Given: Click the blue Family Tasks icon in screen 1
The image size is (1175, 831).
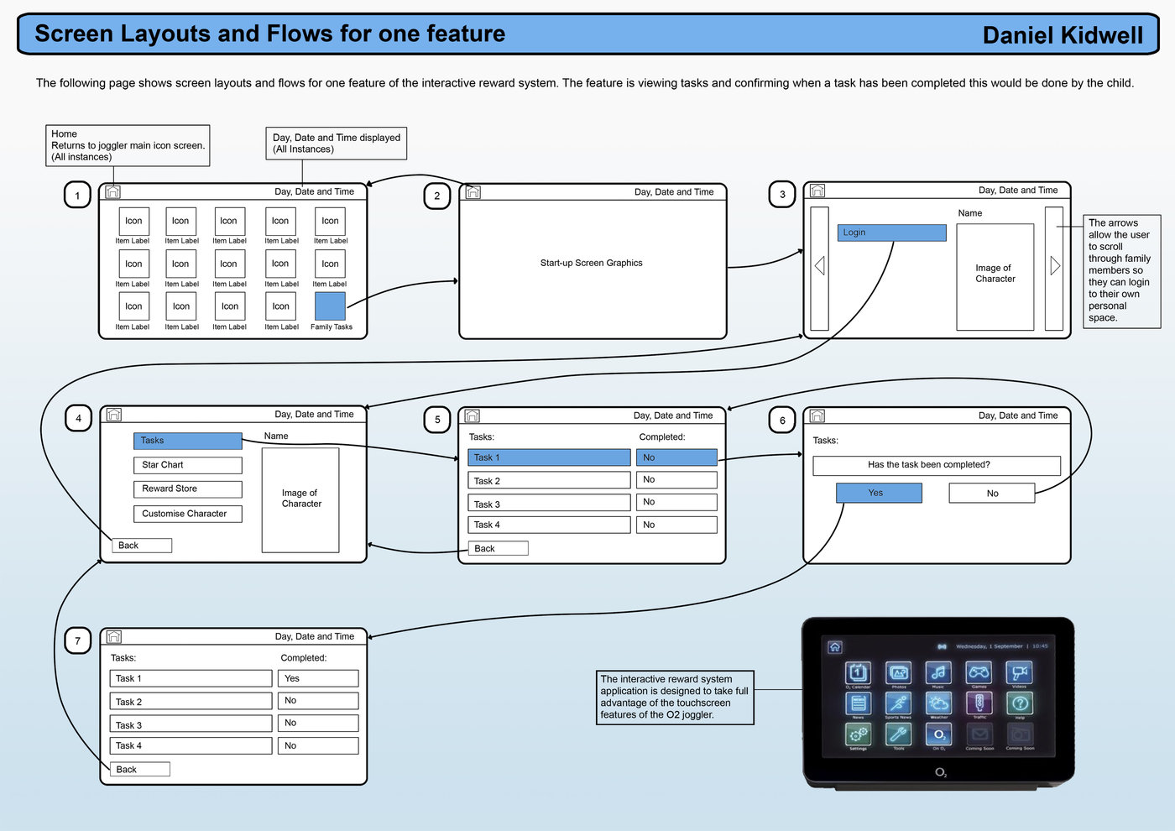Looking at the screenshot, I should (330, 306).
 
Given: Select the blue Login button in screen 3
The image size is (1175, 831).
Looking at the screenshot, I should (891, 233).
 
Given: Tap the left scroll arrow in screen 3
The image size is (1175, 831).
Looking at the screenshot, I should (819, 266).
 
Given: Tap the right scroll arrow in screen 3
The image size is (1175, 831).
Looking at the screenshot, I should (1054, 266).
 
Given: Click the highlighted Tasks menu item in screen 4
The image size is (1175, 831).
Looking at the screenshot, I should (187, 441).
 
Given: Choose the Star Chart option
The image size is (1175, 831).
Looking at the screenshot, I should (187, 465).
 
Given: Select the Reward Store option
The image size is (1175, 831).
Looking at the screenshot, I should (187, 489).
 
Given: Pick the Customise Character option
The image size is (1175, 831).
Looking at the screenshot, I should (187, 514).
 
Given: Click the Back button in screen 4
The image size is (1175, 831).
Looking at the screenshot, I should (142, 546).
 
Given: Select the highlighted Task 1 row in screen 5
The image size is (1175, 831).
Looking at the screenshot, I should (549, 457).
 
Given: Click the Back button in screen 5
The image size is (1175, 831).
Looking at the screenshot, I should (498, 549).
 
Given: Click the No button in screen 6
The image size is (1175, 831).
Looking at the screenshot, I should (992, 494).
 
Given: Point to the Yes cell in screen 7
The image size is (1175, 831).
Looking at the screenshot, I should (318, 678).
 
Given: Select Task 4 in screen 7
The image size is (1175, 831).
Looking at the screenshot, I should (191, 745).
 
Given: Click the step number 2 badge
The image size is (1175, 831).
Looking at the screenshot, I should (436, 196).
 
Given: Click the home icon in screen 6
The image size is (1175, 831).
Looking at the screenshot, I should (817, 415).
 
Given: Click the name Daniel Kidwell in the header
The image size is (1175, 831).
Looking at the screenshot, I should (1063, 35).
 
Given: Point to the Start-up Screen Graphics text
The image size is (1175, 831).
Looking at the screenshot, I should (591, 264).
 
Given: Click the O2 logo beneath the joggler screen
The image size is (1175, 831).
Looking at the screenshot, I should (941, 772).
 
